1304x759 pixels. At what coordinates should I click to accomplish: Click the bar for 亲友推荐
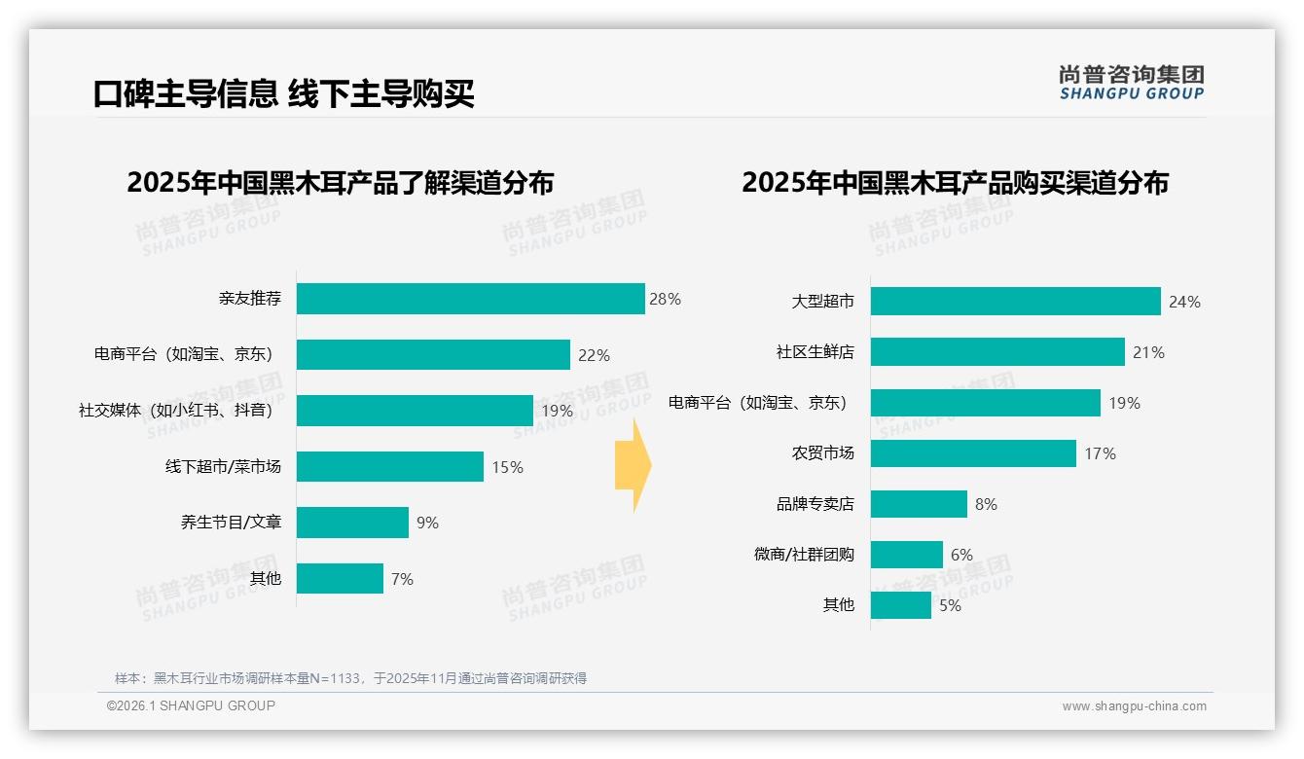[x=470, y=299]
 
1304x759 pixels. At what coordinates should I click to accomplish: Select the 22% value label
[x=594, y=355]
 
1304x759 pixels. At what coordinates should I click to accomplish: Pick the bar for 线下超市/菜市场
[x=389, y=467]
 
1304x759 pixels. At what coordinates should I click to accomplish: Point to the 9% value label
[x=427, y=523]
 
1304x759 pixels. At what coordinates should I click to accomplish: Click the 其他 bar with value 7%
[x=340, y=579]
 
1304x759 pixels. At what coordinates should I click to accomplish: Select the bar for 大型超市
[x=1015, y=302]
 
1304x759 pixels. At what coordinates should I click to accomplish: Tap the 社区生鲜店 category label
[x=815, y=352]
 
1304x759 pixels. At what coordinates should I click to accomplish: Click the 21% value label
[x=1148, y=352]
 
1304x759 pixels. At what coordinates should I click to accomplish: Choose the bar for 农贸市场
[x=973, y=453]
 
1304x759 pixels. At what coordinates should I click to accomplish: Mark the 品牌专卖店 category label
[x=815, y=504]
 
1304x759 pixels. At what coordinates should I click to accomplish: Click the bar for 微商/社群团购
[x=906, y=555]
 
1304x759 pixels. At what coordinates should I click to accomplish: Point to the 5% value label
[x=950, y=605]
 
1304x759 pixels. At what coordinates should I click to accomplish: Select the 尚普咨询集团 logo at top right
[x=1131, y=82]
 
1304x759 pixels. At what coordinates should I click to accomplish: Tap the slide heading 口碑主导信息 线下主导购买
[x=283, y=93]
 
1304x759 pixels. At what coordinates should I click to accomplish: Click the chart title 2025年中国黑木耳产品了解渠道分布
[x=340, y=183]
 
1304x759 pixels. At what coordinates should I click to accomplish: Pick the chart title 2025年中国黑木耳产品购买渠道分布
[x=955, y=183]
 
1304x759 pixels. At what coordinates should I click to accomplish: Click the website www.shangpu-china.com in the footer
[x=1134, y=706]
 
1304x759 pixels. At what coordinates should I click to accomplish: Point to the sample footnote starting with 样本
[x=350, y=678]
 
